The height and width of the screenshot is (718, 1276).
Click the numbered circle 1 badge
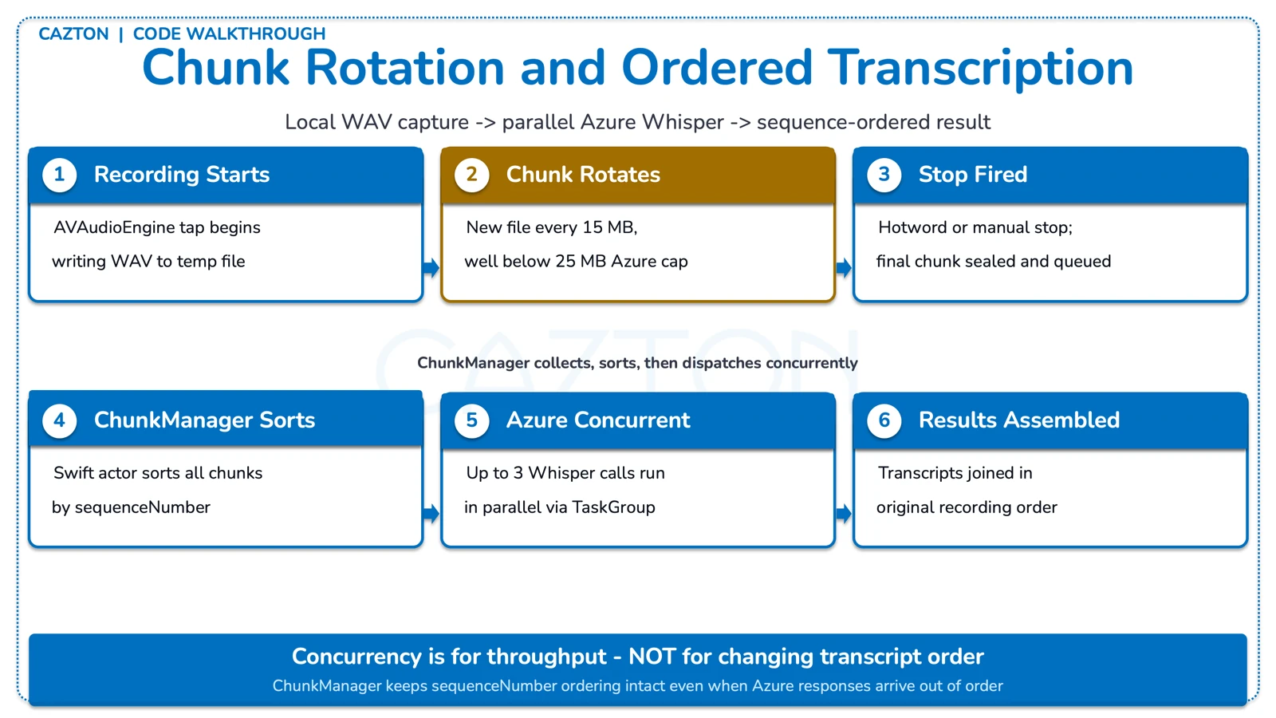pos(60,175)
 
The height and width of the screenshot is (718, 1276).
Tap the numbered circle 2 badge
pos(471,175)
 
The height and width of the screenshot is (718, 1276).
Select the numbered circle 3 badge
pos(884,175)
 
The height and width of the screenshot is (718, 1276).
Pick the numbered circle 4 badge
pos(60,420)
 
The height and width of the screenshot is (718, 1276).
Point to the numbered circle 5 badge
pos(471,420)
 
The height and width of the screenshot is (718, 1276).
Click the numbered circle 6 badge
pos(884,420)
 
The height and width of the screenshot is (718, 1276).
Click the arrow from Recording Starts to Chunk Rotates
pos(431,268)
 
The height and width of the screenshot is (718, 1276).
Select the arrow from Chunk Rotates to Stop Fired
pos(844,268)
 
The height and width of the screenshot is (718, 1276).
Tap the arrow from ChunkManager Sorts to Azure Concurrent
pos(431,514)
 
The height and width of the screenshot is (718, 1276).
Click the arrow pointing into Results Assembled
pos(844,514)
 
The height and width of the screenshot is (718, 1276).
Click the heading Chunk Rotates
pos(583,175)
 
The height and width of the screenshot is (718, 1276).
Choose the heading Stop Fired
pos(972,175)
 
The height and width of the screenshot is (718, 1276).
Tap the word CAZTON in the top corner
pos(73,34)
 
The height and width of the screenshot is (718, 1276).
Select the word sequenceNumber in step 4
pos(142,507)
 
